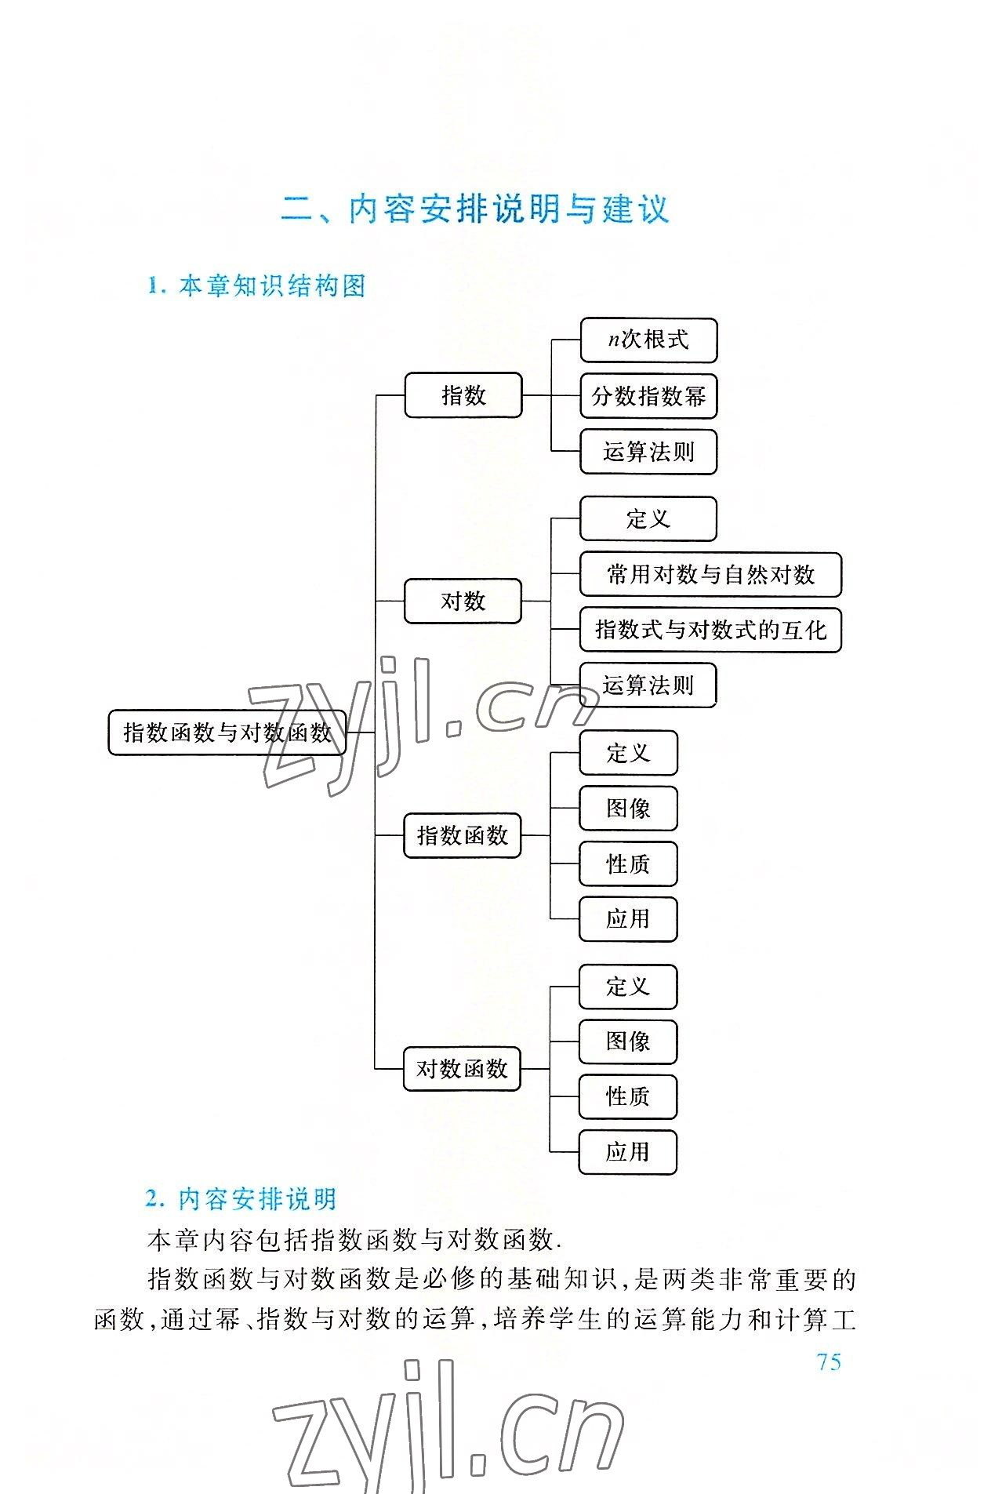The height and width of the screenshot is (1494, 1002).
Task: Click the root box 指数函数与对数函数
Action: pos(227,732)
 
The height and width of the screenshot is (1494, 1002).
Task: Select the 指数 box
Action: pos(463,395)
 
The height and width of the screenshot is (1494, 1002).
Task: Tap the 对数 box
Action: pos(463,602)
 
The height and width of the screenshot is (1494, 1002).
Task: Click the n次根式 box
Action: pos(648,340)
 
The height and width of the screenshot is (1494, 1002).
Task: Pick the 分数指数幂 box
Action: pos(648,396)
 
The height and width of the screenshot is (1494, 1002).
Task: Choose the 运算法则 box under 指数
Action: pos(648,452)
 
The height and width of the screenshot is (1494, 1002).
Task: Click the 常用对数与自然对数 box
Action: pos(710,575)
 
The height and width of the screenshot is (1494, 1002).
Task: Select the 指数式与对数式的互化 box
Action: pos(710,630)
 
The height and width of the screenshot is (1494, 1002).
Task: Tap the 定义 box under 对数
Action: pos(648,518)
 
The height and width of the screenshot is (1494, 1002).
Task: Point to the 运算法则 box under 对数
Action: pos(648,685)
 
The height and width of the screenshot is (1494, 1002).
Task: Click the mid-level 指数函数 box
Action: pos(462,836)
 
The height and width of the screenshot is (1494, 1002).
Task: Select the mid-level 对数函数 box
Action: pos(462,1069)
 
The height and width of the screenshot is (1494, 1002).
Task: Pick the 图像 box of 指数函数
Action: pos(628,809)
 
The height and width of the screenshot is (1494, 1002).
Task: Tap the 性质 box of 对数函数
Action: pos(627,1096)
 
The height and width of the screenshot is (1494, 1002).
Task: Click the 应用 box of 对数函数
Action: pos(627,1152)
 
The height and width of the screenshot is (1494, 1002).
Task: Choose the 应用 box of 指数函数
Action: pos(628,918)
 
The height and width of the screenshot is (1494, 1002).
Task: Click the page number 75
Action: pos(828,1362)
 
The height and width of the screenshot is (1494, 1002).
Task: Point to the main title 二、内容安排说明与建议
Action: pos(475,209)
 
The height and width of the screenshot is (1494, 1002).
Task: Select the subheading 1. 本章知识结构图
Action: pos(256,286)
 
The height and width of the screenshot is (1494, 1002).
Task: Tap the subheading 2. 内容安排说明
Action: pos(241,1199)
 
